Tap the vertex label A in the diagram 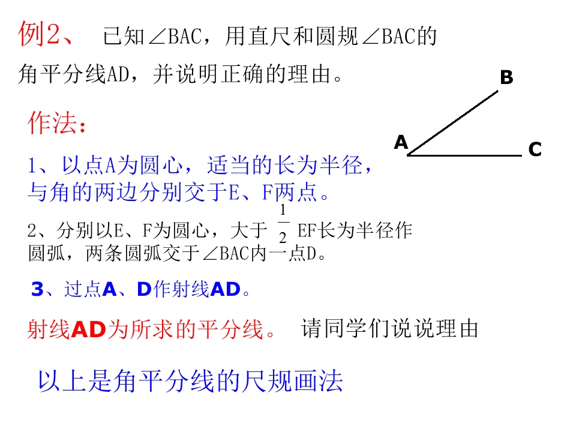(x=401, y=142)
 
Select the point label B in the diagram (x=506, y=77)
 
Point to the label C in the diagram (x=535, y=149)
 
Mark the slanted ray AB (x=453, y=123)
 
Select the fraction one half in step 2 (x=283, y=223)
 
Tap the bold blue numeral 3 (x=37, y=290)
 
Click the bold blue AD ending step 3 (x=226, y=290)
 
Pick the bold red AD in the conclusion (x=88, y=329)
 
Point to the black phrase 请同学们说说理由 (x=390, y=329)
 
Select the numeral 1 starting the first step (x=34, y=164)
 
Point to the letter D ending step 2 (x=311, y=254)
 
